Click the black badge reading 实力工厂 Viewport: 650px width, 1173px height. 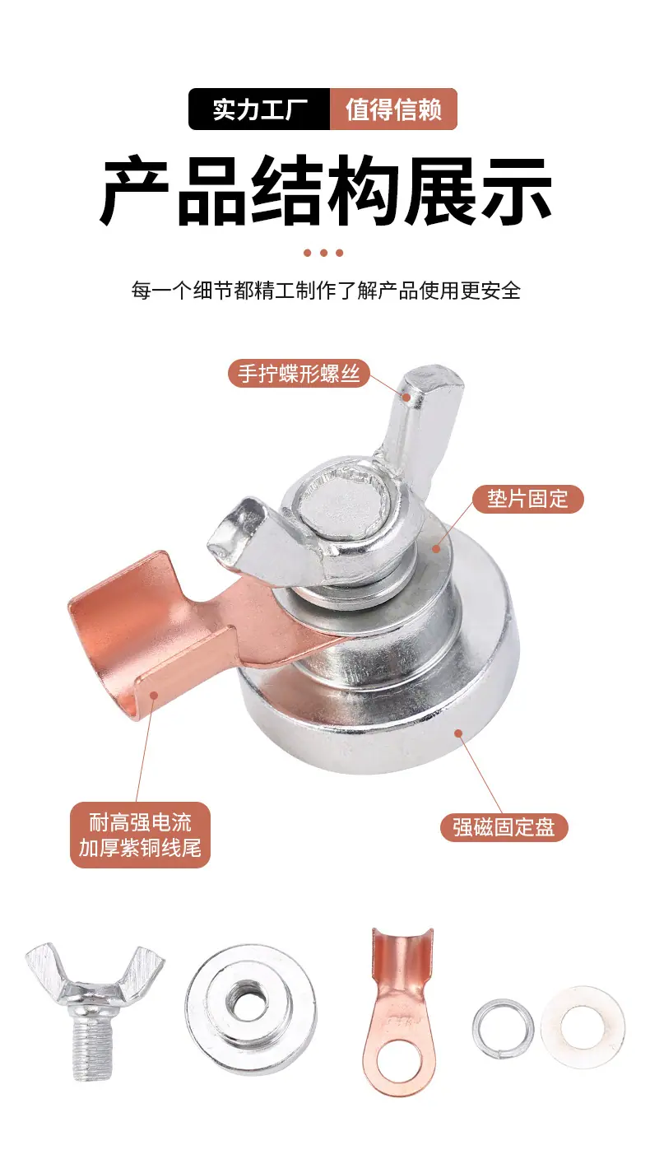(x=259, y=109)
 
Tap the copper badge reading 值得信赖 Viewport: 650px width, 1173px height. (x=393, y=109)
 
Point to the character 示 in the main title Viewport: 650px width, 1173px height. (x=516, y=189)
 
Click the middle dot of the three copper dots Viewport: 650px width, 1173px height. (x=323, y=253)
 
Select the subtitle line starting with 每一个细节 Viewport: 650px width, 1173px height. (x=326, y=290)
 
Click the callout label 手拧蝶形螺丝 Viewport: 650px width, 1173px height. (x=299, y=374)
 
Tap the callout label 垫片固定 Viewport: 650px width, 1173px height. (x=527, y=499)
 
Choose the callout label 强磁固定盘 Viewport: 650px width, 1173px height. (x=504, y=827)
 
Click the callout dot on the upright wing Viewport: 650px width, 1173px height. (x=406, y=397)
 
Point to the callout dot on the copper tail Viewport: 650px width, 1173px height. (x=155, y=695)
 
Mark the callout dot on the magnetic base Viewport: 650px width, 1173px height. (x=458, y=733)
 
